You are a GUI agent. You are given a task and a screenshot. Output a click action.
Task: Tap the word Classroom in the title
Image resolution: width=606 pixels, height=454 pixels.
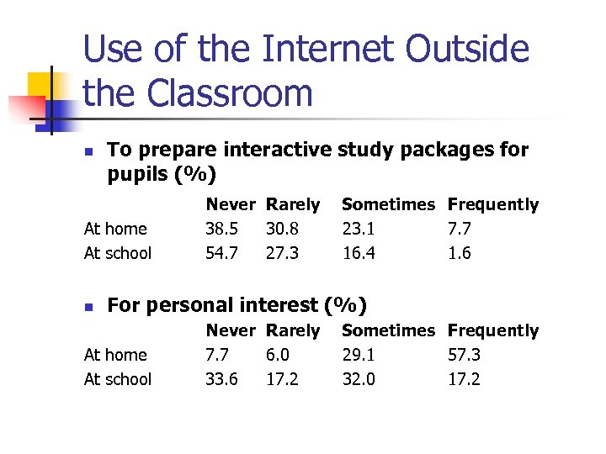click(x=229, y=93)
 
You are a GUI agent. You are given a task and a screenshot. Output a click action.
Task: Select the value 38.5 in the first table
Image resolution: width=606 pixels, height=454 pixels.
click(x=222, y=229)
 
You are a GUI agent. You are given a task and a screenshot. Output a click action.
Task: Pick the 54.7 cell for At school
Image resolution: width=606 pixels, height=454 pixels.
click(x=222, y=253)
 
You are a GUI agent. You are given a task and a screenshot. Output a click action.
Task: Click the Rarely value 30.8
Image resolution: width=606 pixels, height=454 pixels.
click(x=283, y=229)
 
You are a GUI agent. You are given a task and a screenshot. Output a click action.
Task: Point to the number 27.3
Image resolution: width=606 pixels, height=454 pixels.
click(x=283, y=253)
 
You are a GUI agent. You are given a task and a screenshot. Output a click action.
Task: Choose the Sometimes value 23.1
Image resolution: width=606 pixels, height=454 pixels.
click(x=359, y=229)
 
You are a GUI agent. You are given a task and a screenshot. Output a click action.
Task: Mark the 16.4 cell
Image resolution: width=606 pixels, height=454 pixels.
click(x=359, y=253)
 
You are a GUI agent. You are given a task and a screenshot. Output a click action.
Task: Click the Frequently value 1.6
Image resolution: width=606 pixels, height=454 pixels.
click(x=460, y=253)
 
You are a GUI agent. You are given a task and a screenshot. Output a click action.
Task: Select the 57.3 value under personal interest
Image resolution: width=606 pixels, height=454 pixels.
click(x=465, y=355)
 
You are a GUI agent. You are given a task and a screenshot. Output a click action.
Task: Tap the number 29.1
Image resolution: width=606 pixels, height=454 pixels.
click(x=359, y=355)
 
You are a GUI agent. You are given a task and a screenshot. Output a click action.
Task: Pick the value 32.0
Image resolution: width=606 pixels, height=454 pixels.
click(x=359, y=379)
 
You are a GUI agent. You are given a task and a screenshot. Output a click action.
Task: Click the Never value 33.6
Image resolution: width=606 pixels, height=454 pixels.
click(x=222, y=379)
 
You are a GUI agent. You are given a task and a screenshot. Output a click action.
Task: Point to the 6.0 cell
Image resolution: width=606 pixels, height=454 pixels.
click(x=278, y=355)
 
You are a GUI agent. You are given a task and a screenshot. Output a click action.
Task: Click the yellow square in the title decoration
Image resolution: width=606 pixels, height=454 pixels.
click(x=42, y=85)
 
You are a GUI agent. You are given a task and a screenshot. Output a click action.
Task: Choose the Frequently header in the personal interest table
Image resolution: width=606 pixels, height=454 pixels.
click(x=492, y=330)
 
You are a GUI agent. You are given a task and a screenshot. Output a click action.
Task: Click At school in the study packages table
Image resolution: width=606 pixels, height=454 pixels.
click(x=118, y=253)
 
